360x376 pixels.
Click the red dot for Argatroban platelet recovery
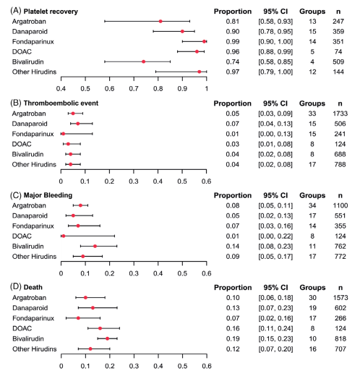[x=160, y=22]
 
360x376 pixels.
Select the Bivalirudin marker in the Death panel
[x=108, y=338]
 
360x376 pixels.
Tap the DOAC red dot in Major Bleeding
[x=64, y=236]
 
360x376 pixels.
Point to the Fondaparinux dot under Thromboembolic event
[x=63, y=134]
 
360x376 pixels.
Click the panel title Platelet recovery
[x=51, y=12]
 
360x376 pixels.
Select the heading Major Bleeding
[x=48, y=195]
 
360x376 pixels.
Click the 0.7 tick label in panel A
[x=134, y=89]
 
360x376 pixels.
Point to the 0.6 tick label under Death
[x=207, y=366]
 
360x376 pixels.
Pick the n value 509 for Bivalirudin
[x=338, y=62]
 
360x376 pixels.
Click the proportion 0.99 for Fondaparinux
[x=233, y=42]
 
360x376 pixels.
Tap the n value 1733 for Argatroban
[x=340, y=114]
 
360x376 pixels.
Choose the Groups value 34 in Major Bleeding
[x=312, y=205]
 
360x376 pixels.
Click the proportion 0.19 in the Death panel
[x=233, y=338]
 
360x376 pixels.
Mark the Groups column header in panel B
[x=312, y=103]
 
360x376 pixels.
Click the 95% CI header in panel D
[x=275, y=288]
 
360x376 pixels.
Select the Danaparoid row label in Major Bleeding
[x=30, y=215]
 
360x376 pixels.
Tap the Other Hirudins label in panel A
[x=34, y=72]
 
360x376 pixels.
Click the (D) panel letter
[x=16, y=287]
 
